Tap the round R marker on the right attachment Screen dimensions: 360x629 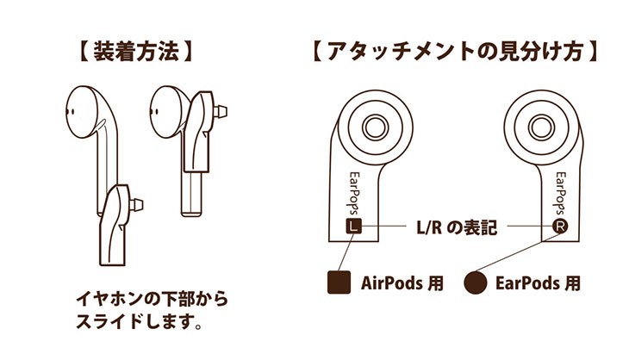[560, 227]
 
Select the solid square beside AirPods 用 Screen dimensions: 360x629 [339, 282]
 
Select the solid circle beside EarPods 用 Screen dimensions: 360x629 [475, 282]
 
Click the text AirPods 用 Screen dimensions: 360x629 [402, 282]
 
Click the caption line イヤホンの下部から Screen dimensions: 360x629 [152, 301]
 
